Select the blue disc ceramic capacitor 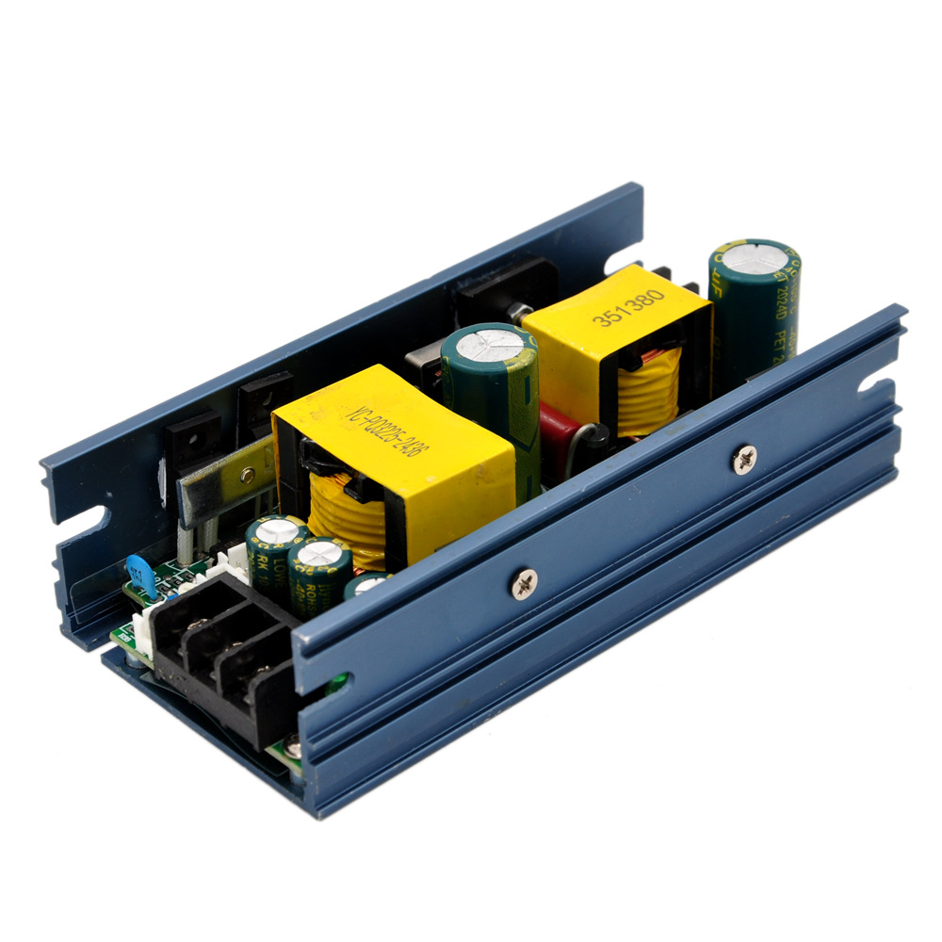coord(139,574)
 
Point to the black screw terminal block coord(221,650)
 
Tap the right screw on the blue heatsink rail coord(744,459)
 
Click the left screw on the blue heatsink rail coord(524,584)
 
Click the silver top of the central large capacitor coord(488,342)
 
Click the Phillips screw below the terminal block coord(294,750)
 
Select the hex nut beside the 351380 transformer coord(516,311)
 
